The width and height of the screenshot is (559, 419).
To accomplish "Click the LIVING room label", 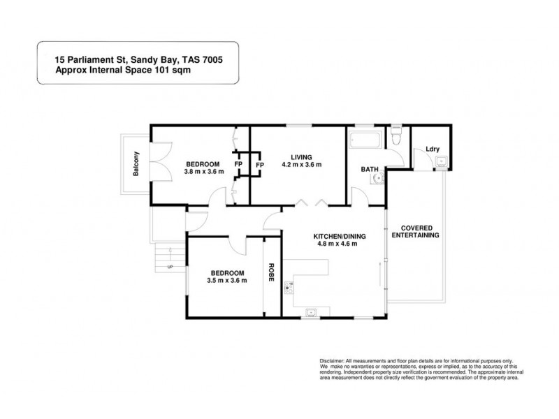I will (302, 156).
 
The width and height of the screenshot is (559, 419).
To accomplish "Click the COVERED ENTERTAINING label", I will (415, 232).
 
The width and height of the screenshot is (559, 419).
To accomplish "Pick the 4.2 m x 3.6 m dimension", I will (301, 165).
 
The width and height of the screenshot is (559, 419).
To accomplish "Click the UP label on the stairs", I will (170, 267).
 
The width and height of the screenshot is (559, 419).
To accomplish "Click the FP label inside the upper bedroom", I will (238, 164).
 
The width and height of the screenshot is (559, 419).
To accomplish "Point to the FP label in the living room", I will (260, 165).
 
